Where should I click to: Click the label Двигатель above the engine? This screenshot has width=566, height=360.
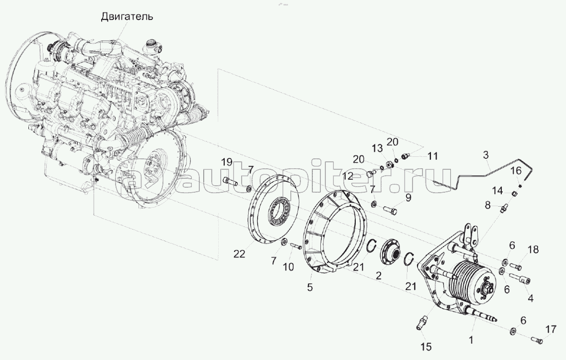[x=127, y=16]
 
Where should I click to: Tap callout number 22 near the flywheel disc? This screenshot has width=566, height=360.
[x=239, y=254]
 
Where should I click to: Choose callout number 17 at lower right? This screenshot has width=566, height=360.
[x=550, y=329]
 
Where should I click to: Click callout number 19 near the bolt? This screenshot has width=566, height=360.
[x=227, y=162]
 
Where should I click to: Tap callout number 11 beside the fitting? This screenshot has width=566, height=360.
[x=432, y=156]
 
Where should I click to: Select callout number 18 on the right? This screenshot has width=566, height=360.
[x=533, y=250]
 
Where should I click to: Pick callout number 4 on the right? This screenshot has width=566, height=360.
[x=530, y=298]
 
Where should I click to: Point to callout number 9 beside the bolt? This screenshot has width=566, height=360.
[x=408, y=198]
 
